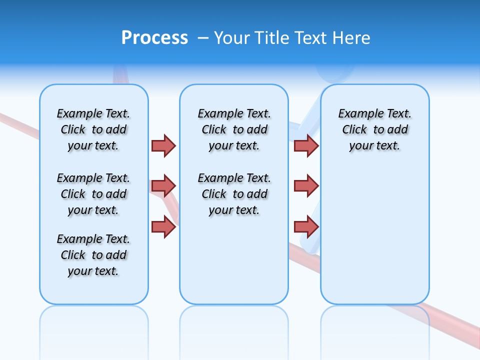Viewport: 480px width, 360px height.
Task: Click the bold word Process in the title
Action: tap(154, 38)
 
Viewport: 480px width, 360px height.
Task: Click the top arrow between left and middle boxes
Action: tap(163, 145)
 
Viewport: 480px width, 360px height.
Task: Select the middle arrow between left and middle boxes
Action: tap(163, 186)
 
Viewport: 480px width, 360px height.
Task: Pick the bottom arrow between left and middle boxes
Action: tap(163, 226)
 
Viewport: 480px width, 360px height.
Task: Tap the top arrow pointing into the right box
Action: tap(306, 145)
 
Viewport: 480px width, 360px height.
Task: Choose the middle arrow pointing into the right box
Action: tap(306, 186)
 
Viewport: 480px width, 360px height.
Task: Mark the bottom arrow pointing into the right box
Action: tap(306, 226)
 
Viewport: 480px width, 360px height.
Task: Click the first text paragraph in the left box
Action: tap(93, 129)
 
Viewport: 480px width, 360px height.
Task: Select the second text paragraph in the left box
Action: tap(93, 194)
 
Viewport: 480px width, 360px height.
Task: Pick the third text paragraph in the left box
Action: tap(93, 255)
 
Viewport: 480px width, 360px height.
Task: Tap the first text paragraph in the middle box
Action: tap(234, 129)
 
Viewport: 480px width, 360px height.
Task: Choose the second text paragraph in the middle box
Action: tap(234, 194)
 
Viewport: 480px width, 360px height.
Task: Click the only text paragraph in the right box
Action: tap(375, 129)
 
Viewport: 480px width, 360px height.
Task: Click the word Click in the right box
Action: tap(354, 130)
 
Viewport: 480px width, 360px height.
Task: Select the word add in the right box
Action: tap(398, 130)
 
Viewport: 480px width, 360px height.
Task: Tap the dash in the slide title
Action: tap(203, 38)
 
